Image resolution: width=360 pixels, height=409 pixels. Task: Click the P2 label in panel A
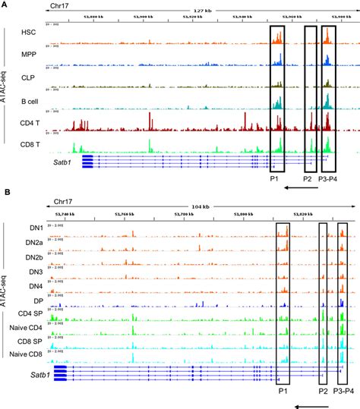(x=308, y=179)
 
